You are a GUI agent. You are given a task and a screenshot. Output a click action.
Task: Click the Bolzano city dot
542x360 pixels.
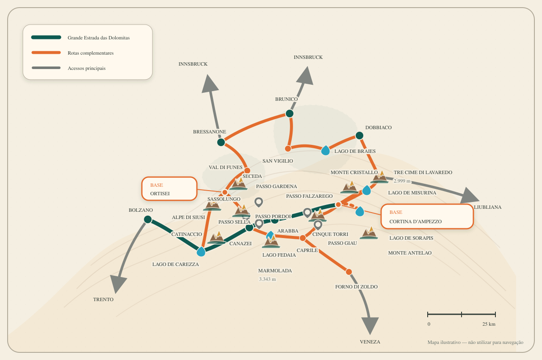(x=148, y=219)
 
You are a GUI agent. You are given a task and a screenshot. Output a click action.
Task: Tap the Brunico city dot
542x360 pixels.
(x=290, y=114)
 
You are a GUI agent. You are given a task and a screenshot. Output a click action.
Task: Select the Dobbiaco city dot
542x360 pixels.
(x=359, y=136)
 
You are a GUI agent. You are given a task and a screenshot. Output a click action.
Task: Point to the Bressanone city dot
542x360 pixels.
(x=221, y=142)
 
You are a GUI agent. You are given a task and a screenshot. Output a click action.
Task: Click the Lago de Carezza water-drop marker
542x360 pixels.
(x=201, y=252)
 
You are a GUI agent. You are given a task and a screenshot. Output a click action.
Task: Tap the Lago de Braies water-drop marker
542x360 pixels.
(x=326, y=150)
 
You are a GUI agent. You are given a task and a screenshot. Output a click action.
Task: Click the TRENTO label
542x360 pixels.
(x=103, y=299)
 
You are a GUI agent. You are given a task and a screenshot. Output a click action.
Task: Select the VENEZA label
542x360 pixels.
(x=370, y=342)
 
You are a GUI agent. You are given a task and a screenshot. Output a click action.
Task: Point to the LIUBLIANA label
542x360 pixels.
(x=487, y=207)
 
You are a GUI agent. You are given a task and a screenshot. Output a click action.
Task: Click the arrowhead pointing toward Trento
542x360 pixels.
(x=118, y=283)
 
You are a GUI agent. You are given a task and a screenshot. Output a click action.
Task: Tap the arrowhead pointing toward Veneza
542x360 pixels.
(x=370, y=325)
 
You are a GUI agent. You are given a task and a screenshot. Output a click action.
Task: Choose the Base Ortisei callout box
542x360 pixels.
(x=169, y=189)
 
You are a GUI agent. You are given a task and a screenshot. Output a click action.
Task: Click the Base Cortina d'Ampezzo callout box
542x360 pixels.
(x=427, y=216)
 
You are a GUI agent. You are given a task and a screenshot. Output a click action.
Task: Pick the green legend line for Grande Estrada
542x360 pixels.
(x=46, y=37)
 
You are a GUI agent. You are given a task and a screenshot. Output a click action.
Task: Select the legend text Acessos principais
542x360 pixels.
(x=87, y=68)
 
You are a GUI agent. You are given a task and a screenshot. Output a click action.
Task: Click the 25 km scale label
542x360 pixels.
(x=489, y=324)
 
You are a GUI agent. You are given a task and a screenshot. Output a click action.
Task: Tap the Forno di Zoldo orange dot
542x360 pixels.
(x=348, y=272)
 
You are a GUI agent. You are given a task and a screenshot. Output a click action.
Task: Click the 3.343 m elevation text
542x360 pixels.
(x=267, y=279)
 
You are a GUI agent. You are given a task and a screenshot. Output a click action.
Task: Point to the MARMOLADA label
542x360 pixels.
(x=275, y=271)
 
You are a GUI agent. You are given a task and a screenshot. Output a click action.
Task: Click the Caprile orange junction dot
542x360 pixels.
(x=303, y=238)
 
